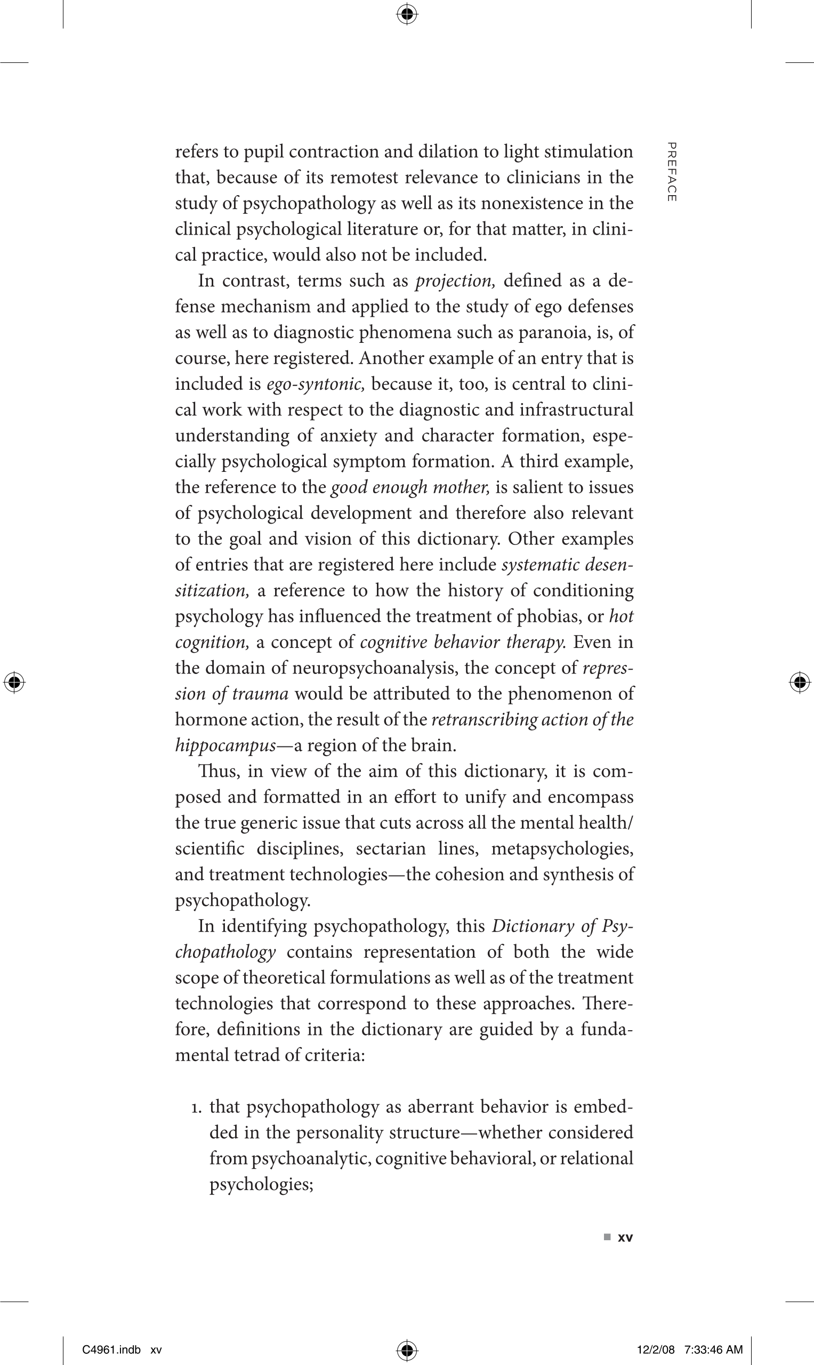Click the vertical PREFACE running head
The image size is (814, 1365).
click(x=671, y=172)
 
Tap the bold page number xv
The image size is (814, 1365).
click(x=625, y=1237)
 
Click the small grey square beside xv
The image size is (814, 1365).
click(x=607, y=1237)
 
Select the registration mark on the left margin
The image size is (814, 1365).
click(x=14, y=682)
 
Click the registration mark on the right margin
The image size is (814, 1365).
click(x=800, y=682)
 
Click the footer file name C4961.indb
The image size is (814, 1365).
click(x=111, y=1350)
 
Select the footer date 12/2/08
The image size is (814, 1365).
click(x=656, y=1350)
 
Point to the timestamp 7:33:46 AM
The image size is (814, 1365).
click(x=713, y=1350)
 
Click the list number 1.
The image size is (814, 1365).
click(x=196, y=1107)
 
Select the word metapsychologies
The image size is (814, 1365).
click(x=562, y=849)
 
